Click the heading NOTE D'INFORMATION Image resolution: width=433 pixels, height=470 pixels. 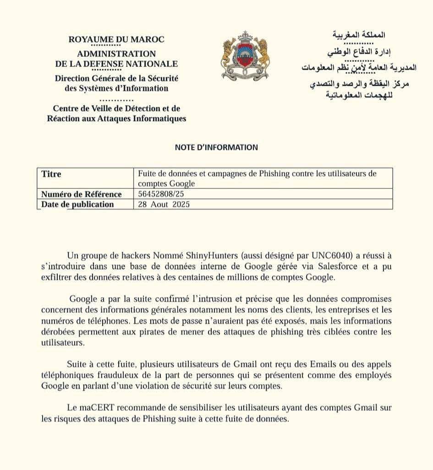[x=216, y=147]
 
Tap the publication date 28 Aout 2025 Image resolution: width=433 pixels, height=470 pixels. [x=164, y=205]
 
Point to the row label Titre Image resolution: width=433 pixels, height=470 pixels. [x=51, y=174]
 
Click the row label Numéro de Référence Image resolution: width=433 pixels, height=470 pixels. [x=82, y=194]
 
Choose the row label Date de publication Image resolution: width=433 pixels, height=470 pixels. [x=77, y=205]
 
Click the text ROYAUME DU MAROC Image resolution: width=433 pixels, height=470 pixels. [x=116, y=39]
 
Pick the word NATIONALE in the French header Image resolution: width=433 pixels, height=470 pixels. [x=151, y=64]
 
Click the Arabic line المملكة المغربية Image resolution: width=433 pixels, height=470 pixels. [x=358, y=35]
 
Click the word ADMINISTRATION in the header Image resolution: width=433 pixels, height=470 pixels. [x=116, y=54]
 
